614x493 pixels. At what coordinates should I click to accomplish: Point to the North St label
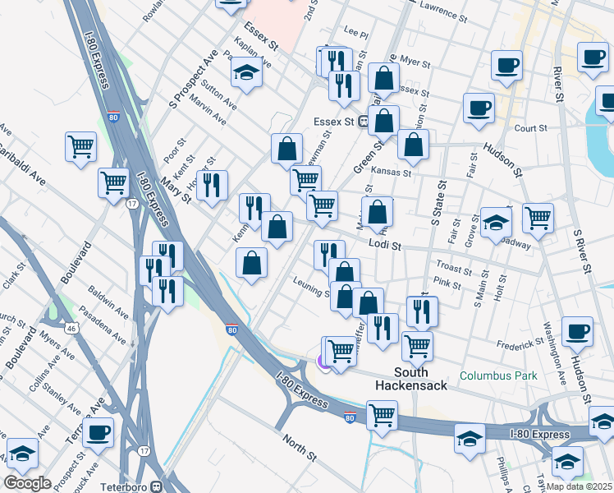[300, 448]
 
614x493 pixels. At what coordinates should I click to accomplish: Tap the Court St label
[530, 128]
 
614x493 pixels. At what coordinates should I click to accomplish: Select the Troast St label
[453, 267]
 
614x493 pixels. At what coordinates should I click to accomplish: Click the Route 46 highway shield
[71, 328]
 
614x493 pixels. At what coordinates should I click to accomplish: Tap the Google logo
[27, 483]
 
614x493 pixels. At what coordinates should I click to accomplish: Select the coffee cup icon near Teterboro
[98, 432]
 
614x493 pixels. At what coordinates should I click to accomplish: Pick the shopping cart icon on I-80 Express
[382, 416]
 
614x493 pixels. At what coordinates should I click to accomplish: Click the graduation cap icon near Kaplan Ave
[245, 74]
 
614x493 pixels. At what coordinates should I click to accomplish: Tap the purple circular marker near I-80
[325, 361]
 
